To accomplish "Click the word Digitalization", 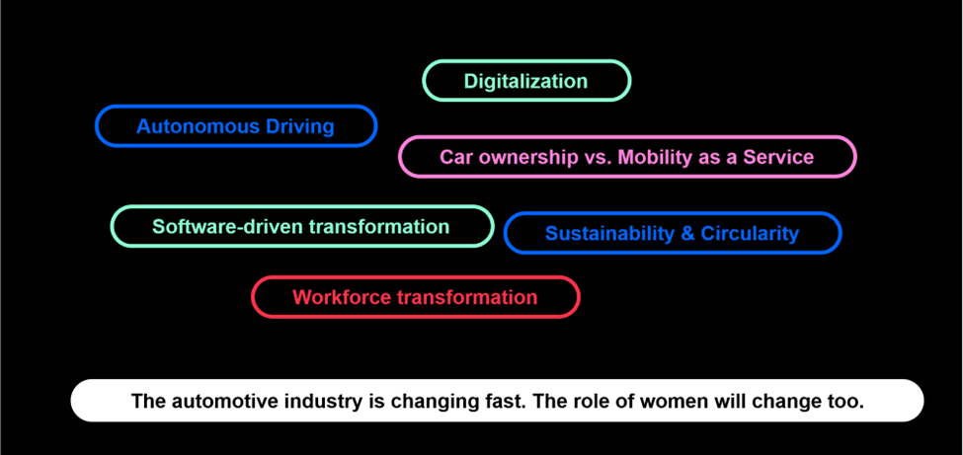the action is click(x=525, y=81).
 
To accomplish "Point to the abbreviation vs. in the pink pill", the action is click(x=595, y=157).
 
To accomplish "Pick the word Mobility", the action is click(x=653, y=157).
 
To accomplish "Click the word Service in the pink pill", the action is click(x=778, y=157).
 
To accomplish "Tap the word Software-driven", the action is click(x=228, y=227).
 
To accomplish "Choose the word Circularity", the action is click(x=750, y=233).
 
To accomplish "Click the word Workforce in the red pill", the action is click(x=342, y=297).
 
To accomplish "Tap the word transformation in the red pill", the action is click(x=467, y=297).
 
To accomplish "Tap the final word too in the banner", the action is click(x=847, y=402).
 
